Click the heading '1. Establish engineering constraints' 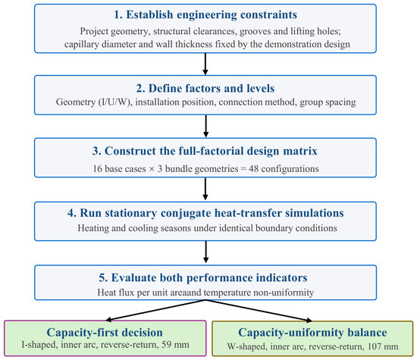[x=205, y=14]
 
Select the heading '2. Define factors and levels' [x=205, y=88]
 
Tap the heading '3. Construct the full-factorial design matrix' [x=205, y=151]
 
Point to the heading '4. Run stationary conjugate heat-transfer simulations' [x=205, y=213]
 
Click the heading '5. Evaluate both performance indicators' [x=203, y=277]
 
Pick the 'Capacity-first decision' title [x=105, y=333]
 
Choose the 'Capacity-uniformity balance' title [x=312, y=333]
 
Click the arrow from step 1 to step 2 [x=205, y=64]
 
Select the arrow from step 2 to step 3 [x=205, y=126]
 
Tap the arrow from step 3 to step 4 [x=205, y=189]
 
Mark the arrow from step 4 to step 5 [x=205, y=252]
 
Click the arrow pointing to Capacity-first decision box [x=155, y=310]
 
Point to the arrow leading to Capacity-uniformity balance [x=259, y=311]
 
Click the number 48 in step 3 [x=254, y=169]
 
